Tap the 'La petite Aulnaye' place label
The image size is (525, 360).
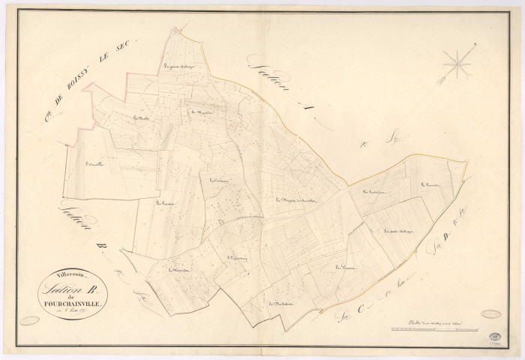tap(397, 232)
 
